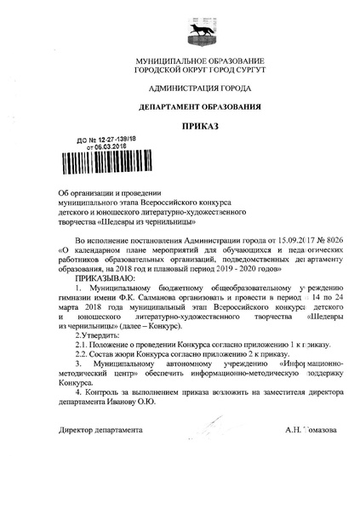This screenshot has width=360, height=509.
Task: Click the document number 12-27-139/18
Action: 106,139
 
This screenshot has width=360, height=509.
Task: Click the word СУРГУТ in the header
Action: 230,72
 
